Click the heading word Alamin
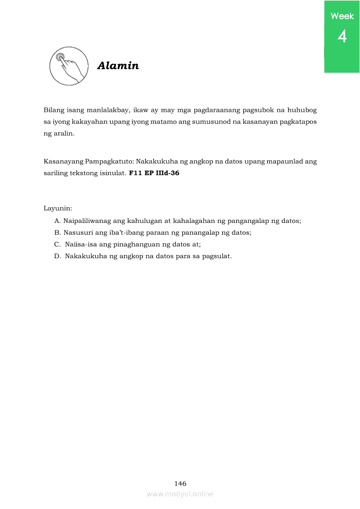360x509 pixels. (118, 66)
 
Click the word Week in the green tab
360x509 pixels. (342, 16)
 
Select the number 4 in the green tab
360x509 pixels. (342, 36)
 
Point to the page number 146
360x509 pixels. (180, 483)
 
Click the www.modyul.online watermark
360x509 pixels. (180, 494)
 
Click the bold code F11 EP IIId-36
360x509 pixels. (154, 173)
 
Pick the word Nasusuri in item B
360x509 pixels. (77, 233)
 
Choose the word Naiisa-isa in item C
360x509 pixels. (81, 244)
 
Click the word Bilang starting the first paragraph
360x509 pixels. (54, 110)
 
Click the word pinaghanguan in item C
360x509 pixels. (135, 244)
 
